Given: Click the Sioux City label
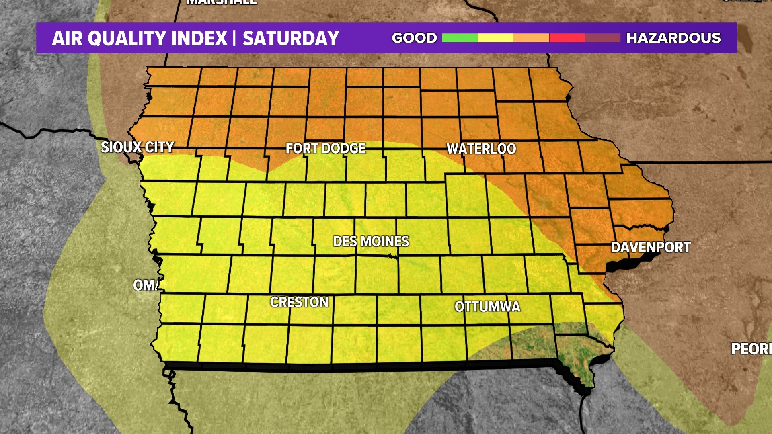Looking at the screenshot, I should pyautogui.click(x=137, y=147).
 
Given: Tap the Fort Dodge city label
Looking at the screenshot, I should pyautogui.click(x=326, y=149).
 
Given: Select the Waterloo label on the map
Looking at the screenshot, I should pyautogui.click(x=481, y=149).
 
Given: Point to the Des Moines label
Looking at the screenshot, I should pyautogui.click(x=371, y=242).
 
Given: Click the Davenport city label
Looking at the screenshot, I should pyautogui.click(x=651, y=247).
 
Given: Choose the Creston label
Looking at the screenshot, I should pyautogui.click(x=299, y=302).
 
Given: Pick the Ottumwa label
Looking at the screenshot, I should pyautogui.click(x=487, y=307).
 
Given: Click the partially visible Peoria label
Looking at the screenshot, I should pyautogui.click(x=750, y=349).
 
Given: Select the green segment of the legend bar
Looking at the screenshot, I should pyautogui.click(x=460, y=38).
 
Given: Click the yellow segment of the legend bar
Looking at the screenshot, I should pyautogui.click(x=495, y=38).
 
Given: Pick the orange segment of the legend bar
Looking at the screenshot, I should pyautogui.click(x=531, y=38).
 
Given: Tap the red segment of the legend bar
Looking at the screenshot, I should pyautogui.click(x=567, y=38).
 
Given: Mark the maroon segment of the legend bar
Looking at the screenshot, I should pyautogui.click(x=603, y=38).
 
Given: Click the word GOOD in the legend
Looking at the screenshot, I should pyautogui.click(x=414, y=38).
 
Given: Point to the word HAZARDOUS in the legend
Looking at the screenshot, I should pyautogui.click(x=673, y=38).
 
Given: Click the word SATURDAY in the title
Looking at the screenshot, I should pyautogui.click(x=291, y=39).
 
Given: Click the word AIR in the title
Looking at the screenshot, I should pyautogui.click(x=67, y=39).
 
